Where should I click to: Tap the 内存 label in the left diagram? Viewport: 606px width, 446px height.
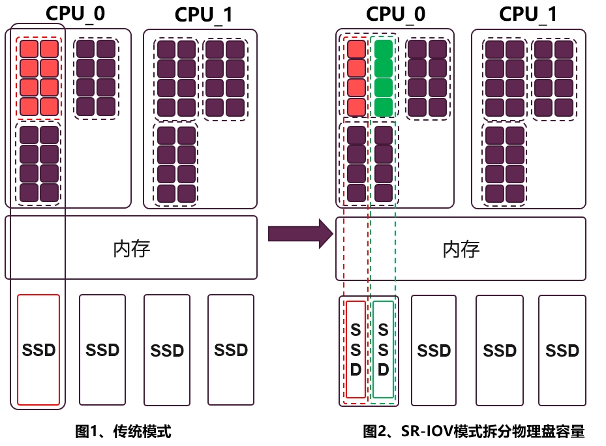coord(132,248)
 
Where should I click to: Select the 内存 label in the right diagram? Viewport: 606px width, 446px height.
coord(461,248)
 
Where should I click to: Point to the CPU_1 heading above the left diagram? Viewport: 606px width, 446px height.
coord(204,15)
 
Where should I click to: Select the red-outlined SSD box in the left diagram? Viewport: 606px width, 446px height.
coord(38,349)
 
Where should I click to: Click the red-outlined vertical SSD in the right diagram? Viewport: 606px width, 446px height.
coord(356,349)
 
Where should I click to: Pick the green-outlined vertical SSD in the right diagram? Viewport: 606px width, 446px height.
coord(383,349)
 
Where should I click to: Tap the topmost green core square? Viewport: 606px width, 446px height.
coord(384,49)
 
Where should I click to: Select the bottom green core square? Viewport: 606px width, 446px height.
coord(384,107)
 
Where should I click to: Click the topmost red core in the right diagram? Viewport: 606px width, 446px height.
coord(356,49)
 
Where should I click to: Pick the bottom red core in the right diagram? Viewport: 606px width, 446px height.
coord(356,107)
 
